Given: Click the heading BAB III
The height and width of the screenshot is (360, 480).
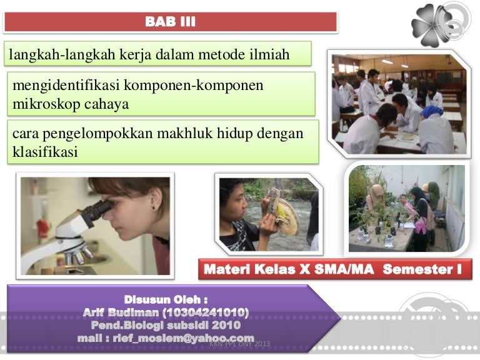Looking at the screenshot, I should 170,23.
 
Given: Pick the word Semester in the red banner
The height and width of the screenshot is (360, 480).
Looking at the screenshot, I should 420,269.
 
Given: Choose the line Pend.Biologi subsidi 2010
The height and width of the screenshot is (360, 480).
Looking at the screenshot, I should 166,325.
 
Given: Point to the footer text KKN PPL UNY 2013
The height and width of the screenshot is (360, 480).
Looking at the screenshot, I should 240,344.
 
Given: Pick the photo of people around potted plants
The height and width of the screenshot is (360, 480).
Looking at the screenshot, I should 406,209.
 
